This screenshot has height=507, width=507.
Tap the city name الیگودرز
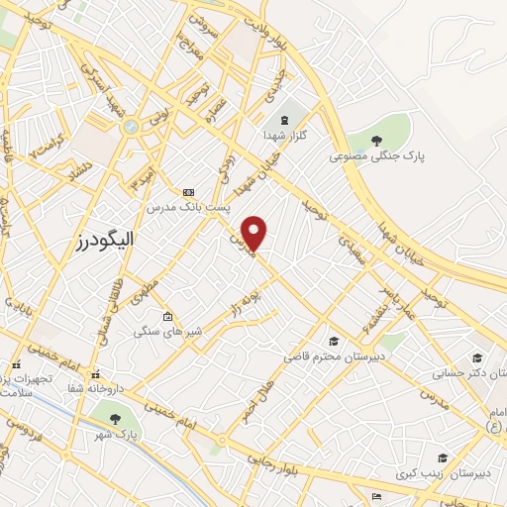tap(105, 240)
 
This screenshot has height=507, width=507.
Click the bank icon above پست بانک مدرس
tap(189, 192)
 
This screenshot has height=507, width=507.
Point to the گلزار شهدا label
tap(290, 133)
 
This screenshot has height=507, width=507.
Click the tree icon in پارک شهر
tap(116, 419)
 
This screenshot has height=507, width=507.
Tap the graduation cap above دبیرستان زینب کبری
tap(442, 457)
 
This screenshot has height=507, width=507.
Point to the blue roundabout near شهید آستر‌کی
tap(131, 127)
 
